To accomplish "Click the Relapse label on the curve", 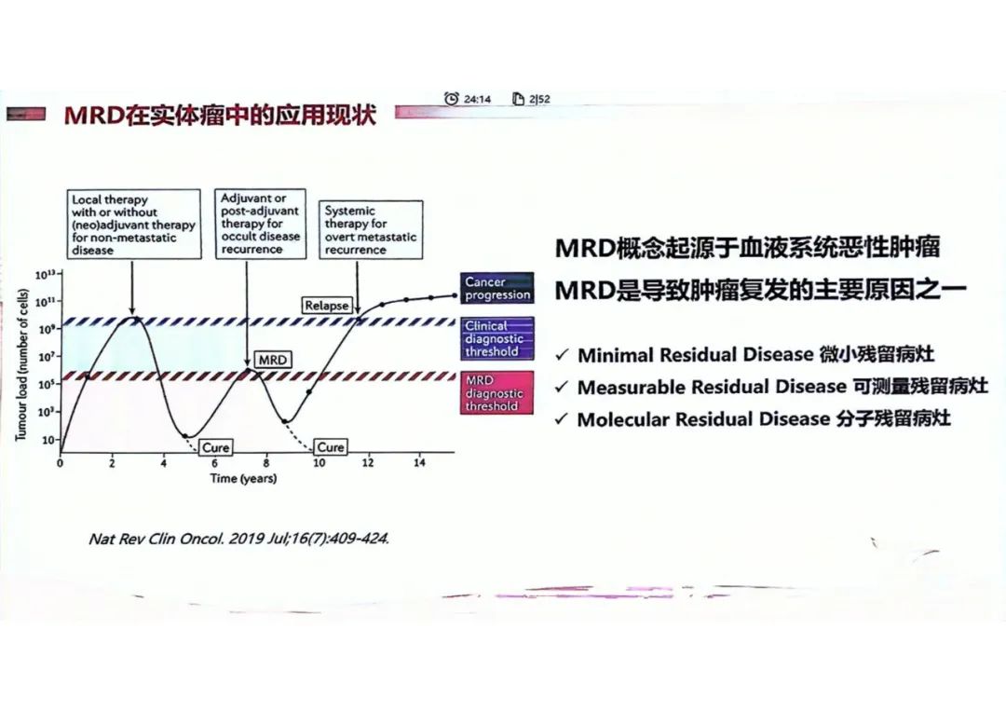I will [x=327, y=305].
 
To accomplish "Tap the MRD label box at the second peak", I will [x=272, y=360].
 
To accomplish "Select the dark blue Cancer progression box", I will [x=497, y=288].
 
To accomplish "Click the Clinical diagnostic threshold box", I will [x=497, y=339].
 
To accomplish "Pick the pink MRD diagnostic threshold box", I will [x=497, y=393].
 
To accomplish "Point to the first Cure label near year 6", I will [x=216, y=447].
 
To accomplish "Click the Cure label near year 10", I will [x=331, y=447].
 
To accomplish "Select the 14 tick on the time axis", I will [x=419, y=463].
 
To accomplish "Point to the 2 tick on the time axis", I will [x=112, y=463].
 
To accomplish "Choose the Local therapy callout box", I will [x=134, y=225].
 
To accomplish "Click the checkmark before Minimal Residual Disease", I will [x=562, y=356].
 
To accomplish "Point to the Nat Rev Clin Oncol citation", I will [x=238, y=540].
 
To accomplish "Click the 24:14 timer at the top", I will [x=469, y=99].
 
